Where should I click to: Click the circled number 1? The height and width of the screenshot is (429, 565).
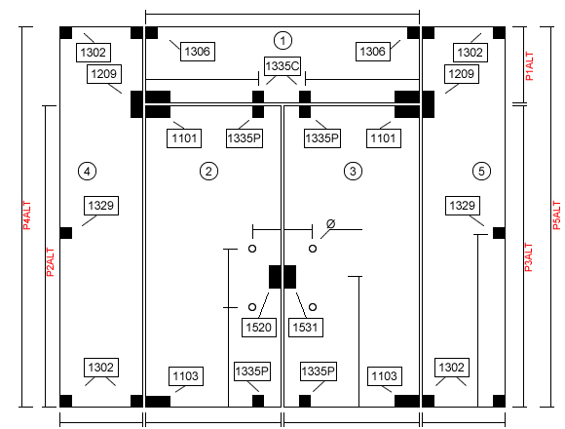(282, 40)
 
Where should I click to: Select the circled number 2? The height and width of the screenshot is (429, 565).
(208, 171)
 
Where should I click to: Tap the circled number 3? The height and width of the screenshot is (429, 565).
(353, 171)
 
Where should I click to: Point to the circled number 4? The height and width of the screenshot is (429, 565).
(87, 171)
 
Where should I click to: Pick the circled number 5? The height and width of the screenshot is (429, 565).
(481, 171)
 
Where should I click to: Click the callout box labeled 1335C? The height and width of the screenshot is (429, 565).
(282, 66)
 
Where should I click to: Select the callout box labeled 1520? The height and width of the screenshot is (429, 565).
(259, 328)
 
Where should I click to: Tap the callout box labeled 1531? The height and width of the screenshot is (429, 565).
(306, 328)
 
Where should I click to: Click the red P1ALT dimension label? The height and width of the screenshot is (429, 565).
(529, 66)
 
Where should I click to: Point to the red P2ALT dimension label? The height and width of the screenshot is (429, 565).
(51, 262)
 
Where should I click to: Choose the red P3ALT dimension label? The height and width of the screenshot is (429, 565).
(528, 257)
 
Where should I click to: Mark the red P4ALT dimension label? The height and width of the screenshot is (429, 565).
(27, 215)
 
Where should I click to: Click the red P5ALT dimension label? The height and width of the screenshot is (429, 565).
(556, 215)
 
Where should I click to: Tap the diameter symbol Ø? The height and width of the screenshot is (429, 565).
(330, 224)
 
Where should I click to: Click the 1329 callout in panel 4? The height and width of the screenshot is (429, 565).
(101, 206)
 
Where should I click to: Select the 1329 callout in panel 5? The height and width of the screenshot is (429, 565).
(463, 206)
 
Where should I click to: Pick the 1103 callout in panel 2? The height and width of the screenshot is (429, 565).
(185, 376)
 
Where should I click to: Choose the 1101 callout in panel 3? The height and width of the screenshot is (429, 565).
(384, 138)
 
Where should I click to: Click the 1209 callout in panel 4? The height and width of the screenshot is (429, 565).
(104, 74)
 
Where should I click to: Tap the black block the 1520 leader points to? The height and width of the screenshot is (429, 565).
(275, 277)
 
